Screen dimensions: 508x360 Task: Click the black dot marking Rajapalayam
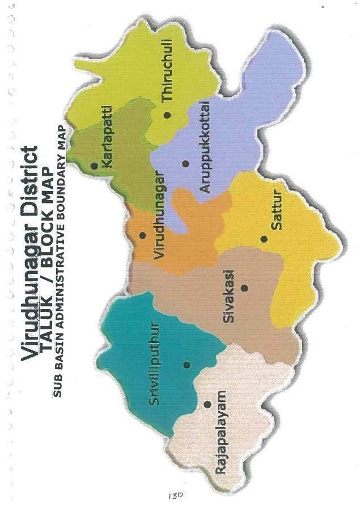[x=207, y=404]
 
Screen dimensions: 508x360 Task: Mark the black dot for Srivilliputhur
[x=187, y=365]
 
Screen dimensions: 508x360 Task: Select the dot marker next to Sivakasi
[x=244, y=288]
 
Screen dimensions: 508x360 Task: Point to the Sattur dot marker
[x=264, y=239]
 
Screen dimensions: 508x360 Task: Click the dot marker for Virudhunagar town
[x=143, y=235]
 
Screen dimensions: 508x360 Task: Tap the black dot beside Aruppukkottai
[x=185, y=163]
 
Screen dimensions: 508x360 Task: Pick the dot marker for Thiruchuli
[x=167, y=115]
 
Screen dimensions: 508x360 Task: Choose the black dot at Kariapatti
[x=94, y=166]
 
